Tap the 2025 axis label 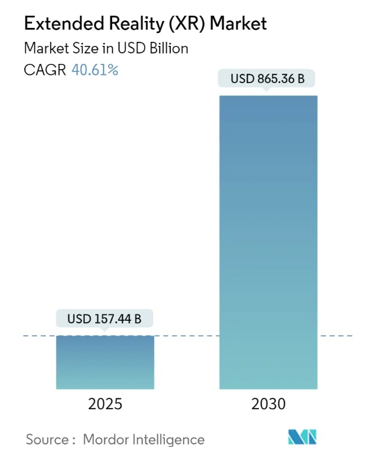point(105,404)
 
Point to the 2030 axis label point(268,404)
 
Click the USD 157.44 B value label point(105,318)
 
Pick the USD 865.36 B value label point(268,78)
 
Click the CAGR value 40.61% point(95,70)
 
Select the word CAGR point(45,70)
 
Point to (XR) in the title point(186,24)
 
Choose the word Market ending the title point(238,24)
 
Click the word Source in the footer point(48,439)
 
